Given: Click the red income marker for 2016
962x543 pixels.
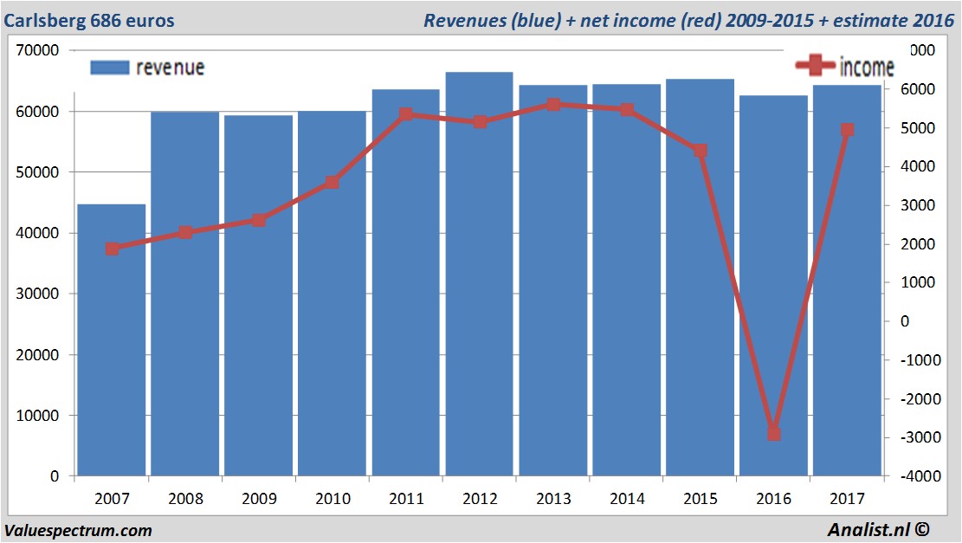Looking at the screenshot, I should point(774,433).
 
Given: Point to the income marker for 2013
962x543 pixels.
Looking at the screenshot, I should point(553,105).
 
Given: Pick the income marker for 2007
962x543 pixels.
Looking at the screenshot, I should point(112,249).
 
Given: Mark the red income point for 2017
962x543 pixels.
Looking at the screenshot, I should point(847,130).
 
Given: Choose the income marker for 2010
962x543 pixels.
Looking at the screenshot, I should point(333,183).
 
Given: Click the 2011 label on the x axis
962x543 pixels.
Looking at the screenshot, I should point(406,500).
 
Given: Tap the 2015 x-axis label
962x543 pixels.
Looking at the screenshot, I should point(700,500).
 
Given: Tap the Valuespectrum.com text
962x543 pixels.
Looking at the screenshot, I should point(78,530).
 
